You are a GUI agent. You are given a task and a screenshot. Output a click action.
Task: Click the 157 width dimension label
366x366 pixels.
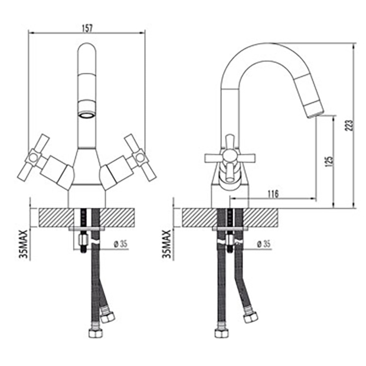click(x=87, y=28)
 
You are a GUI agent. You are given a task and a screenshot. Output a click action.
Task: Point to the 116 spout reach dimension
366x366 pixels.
click(x=273, y=194)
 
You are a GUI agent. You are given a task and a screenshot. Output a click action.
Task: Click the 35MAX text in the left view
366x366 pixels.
click(x=24, y=244)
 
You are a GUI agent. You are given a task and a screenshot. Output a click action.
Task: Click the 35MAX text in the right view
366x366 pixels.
click(x=166, y=244)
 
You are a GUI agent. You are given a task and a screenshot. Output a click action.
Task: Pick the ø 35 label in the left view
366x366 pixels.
click(x=120, y=244)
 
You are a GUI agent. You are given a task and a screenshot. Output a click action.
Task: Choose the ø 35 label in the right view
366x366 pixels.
click(x=263, y=244)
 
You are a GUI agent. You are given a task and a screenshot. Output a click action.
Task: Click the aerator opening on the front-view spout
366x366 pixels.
click(x=87, y=115)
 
